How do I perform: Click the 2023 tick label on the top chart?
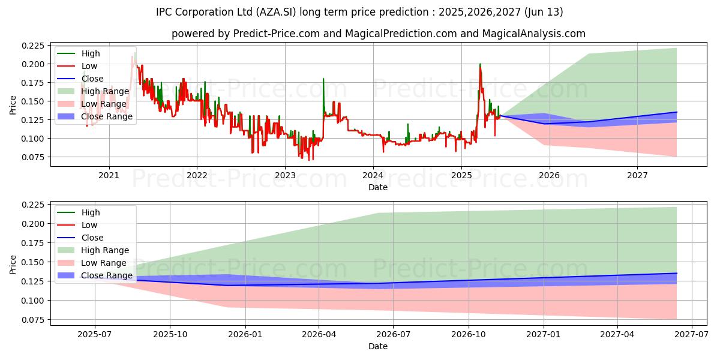[285, 175]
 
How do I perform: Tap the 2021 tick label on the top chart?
[109, 175]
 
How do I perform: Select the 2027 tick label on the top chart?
[637, 175]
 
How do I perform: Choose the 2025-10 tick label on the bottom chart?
[170, 334]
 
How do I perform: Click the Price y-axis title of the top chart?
[13, 105]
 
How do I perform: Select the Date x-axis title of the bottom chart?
[378, 346]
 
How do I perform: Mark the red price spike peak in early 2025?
[480, 64]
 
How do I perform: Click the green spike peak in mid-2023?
[323, 79]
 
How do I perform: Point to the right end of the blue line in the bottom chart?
[677, 273]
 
